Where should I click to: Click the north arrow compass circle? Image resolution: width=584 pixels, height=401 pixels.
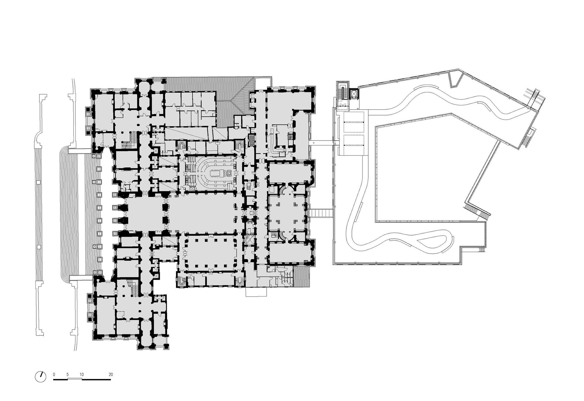[41, 377]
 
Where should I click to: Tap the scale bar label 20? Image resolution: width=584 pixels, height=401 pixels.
[111, 374]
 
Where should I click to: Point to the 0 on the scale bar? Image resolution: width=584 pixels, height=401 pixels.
[54, 374]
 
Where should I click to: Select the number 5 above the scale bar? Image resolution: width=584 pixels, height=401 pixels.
[67, 374]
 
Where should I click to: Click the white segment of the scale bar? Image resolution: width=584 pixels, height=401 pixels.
[75, 379]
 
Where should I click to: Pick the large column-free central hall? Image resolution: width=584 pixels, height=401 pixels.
[203, 215]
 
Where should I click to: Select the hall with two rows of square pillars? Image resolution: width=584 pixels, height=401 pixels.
[210, 253]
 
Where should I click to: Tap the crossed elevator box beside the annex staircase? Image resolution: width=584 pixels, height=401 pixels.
[354, 94]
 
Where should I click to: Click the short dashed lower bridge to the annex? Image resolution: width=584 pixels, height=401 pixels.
[321, 213]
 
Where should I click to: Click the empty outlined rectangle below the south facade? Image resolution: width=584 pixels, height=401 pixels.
[256, 292]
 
